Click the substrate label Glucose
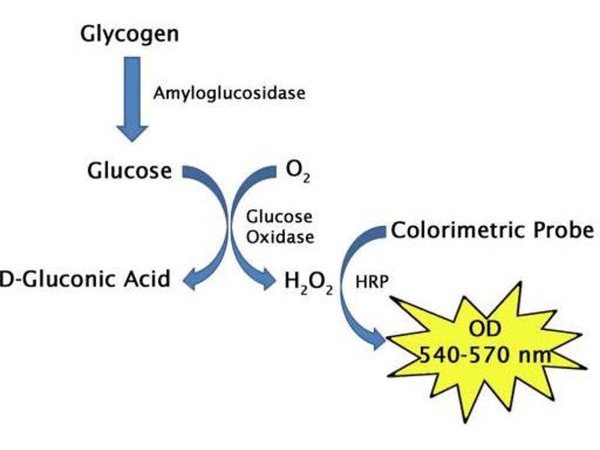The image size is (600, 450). (x=129, y=171)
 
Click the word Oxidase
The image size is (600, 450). (x=279, y=235)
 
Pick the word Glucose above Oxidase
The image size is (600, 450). (x=279, y=217)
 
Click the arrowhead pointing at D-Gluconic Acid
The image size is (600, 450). (x=190, y=279)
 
